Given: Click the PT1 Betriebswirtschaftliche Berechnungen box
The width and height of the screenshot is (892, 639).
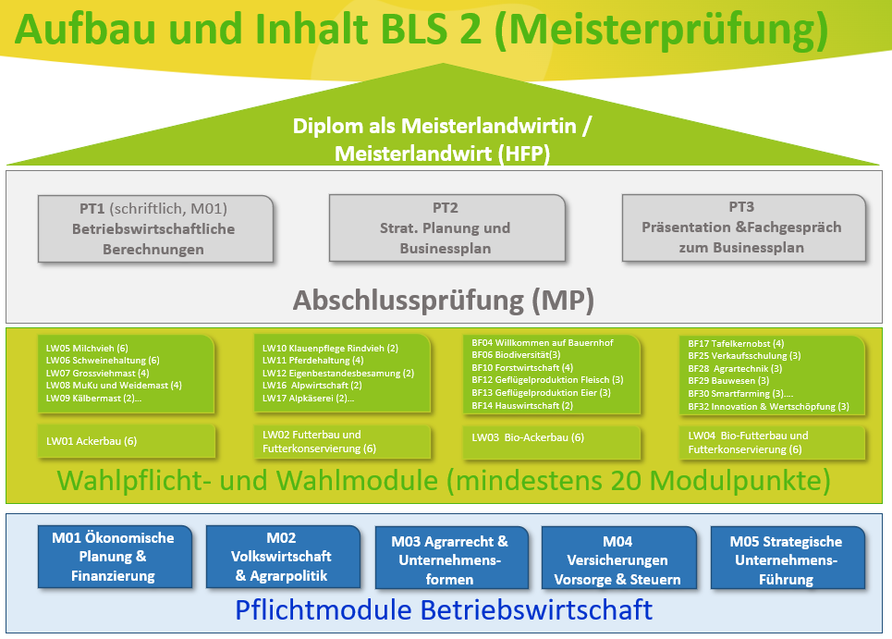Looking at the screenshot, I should click(x=155, y=228).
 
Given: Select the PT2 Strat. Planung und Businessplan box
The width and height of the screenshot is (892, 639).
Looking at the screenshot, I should click(x=446, y=228).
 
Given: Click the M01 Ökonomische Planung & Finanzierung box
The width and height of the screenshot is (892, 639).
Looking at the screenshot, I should click(x=113, y=557).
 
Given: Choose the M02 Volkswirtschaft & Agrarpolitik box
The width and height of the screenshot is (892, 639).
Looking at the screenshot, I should click(x=282, y=557).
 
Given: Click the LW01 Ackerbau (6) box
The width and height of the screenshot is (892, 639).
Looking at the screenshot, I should click(x=127, y=441).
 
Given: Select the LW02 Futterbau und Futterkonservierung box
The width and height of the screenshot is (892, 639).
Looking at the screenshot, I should click(x=343, y=441).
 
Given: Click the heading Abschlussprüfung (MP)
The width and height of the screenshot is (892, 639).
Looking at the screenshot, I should click(x=444, y=300).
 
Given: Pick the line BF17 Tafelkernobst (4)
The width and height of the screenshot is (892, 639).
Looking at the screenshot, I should click(x=736, y=343).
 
